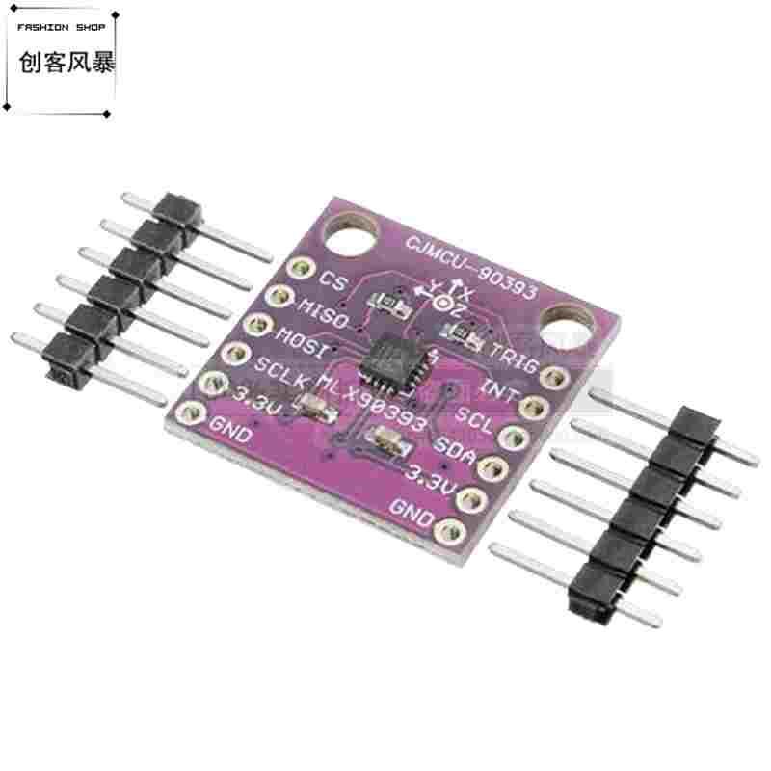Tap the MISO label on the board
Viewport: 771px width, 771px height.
coord(321,310)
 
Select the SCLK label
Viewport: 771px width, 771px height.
coord(279,370)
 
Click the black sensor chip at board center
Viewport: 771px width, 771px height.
coord(395,359)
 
